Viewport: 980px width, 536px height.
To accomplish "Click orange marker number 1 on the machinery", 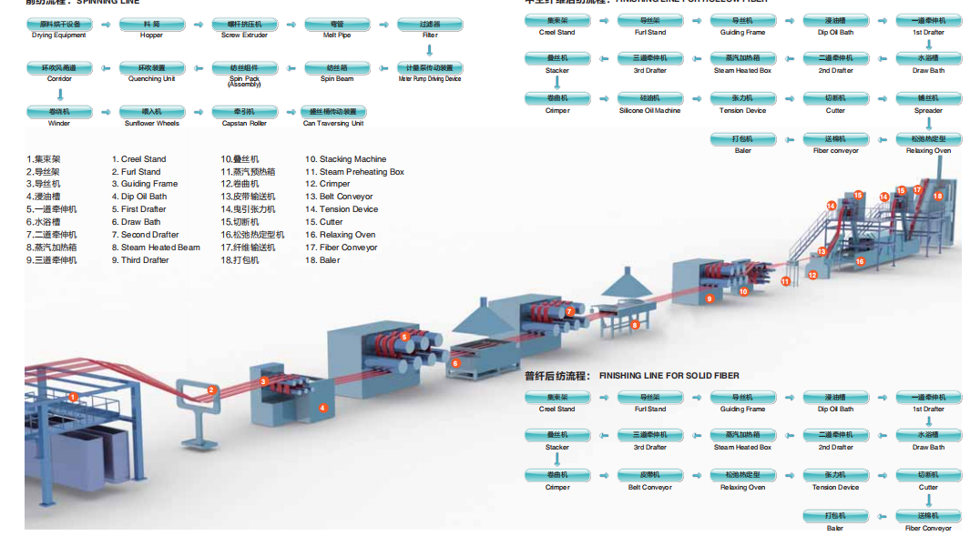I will click(x=74, y=397).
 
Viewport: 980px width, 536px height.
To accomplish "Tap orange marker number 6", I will click(x=455, y=362).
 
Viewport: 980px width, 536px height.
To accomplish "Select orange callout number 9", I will click(x=709, y=298).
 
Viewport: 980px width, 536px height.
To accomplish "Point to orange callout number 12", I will click(x=812, y=274).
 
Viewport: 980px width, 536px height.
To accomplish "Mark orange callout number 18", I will click(x=938, y=196).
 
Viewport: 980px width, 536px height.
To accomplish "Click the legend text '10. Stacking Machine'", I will click(x=345, y=159).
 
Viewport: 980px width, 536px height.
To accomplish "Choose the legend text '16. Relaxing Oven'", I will click(x=340, y=235).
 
